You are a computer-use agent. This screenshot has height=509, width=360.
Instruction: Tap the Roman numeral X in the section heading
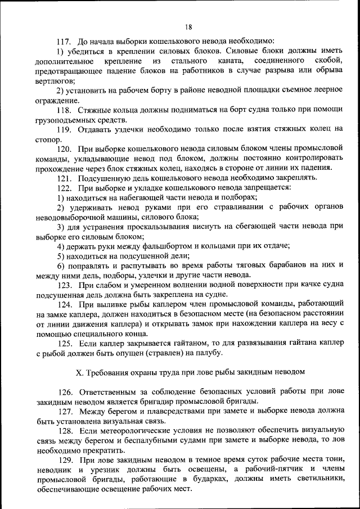79,372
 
